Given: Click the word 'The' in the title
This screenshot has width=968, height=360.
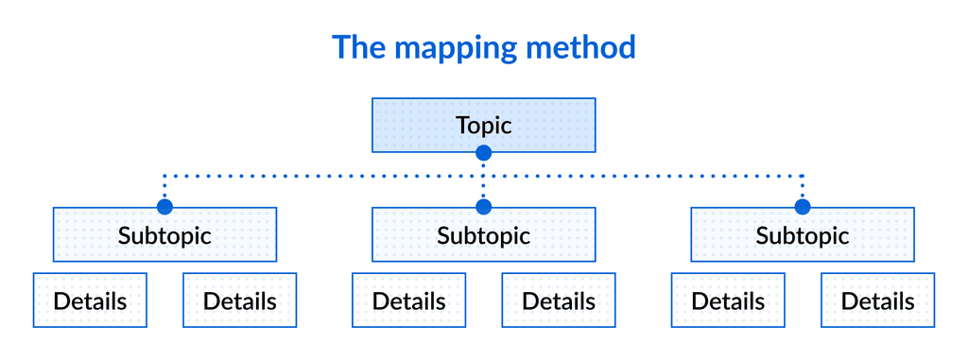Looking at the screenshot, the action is [x=358, y=47].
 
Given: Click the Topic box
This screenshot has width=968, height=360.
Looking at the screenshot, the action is [x=483, y=125].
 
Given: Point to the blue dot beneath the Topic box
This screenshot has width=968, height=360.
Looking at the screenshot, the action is [x=483, y=152].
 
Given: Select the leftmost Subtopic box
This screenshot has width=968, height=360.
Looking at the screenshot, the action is [x=164, y=234].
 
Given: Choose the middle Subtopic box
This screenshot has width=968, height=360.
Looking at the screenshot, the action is [x=483, y=234].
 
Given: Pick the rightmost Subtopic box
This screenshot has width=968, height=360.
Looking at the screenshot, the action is [x=803, y=234].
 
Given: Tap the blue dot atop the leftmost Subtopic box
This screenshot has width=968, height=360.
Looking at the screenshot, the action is [x=164, y=207].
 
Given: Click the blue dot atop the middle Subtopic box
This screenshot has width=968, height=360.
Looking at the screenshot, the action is [x=483, y=207].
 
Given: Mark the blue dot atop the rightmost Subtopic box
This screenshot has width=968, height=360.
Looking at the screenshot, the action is [x=803, y=207].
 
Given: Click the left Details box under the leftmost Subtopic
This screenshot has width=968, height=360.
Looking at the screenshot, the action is [x=90, y=300].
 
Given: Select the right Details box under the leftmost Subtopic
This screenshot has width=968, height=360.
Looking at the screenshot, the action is [x=239, y=300].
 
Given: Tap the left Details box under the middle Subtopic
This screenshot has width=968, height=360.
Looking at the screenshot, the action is [x=408, y=300].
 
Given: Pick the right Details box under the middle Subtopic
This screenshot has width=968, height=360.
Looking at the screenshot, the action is [x=559, y=300].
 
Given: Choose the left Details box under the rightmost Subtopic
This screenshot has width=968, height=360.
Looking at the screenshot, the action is [x=728, y=300].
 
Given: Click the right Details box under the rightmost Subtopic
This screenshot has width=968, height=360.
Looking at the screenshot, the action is [x=877, y=300].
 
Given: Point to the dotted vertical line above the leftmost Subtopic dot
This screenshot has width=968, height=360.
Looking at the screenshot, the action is [x=164, y=187].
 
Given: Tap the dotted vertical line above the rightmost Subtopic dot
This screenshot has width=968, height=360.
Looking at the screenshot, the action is [x=803, y=187].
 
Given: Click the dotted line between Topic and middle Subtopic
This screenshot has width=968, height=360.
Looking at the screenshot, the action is [x=483, y=180].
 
